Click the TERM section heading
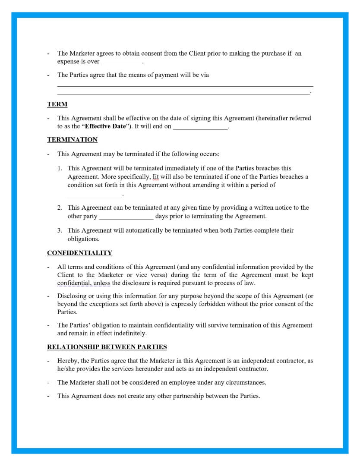57,104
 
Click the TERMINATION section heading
72,139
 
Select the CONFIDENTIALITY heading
79,253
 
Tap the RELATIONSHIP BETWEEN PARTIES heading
107,347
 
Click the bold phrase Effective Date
105,126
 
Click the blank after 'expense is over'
121,62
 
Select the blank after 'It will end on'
200,127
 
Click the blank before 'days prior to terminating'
126,217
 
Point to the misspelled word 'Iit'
156,177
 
